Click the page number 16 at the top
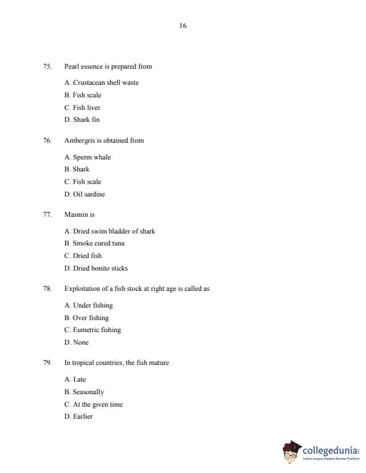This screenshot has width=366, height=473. pos(182,26)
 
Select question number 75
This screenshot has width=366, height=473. pos(47,66)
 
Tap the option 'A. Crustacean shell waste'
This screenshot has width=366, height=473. pos(101,82)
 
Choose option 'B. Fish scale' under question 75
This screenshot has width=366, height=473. pos(83,95)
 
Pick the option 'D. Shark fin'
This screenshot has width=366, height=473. pos(82,119)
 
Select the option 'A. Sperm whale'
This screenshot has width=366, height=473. pos(87,157)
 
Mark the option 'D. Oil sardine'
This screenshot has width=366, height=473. pos(84,194)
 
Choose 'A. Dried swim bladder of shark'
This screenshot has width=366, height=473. pos(109,231)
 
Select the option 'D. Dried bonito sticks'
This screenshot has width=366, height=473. pos(96,268)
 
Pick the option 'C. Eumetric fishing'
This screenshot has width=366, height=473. pos(92,330)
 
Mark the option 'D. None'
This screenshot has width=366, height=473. pos(76,342)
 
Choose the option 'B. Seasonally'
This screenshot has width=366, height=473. pos(84,392)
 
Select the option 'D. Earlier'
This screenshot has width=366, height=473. pos(78,416)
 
